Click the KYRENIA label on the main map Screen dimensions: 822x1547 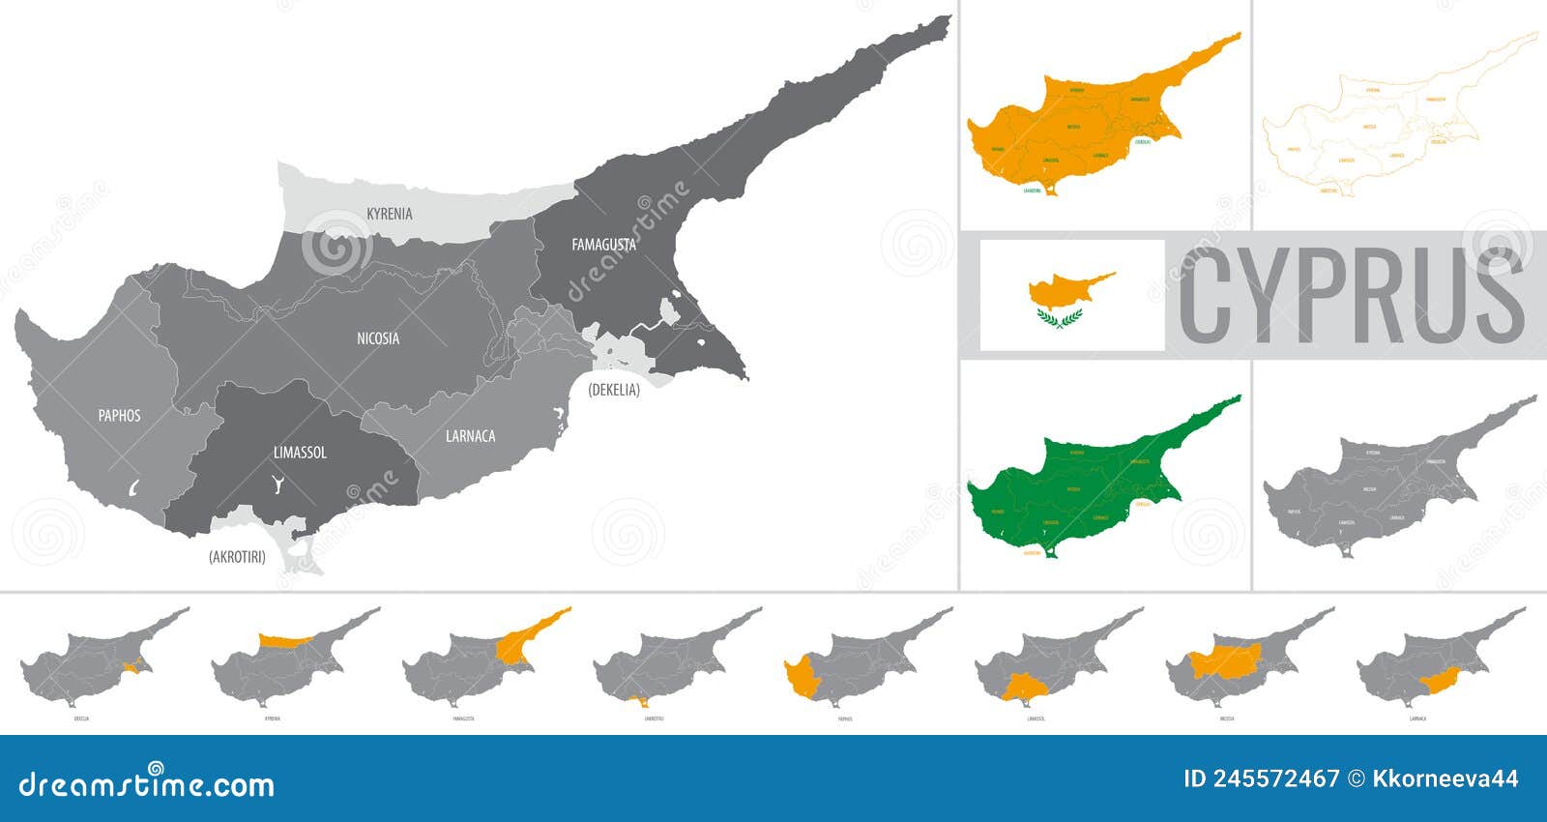[x=390, y=214]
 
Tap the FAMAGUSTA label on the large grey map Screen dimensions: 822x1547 [x=603, y=245]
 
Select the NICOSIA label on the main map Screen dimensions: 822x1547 [x=378, y=338]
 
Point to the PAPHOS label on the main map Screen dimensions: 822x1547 [x=120, y=416]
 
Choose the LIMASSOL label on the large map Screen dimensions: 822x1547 [x=300, y=453]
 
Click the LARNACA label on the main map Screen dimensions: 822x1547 [x=471, y=436]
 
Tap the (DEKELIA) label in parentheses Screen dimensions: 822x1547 [x=614, y=390]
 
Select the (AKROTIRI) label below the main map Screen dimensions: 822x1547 [x=237, y=557]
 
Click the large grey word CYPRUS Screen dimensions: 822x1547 [x=1352, y=296]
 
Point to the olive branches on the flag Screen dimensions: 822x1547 [x=1059, y=318]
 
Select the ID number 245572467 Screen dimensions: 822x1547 [x=1262, y=779]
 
